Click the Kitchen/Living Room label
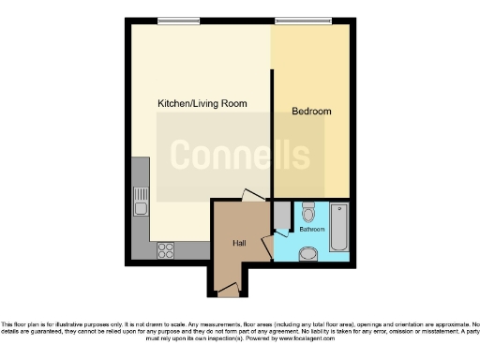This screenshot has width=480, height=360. tap(202, 103)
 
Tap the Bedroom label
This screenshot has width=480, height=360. tap(311, 112)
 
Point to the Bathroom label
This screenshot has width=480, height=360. tap(312, 230)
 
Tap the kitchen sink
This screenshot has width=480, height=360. tap(140, 200)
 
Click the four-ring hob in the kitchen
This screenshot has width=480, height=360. tap(167, 250)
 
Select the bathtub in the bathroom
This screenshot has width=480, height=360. tap(337, 227)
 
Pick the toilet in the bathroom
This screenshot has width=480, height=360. tap(308, 212)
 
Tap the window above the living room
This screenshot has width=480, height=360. tap(177, 21)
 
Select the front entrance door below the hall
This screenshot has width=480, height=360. tap(228, 293)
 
